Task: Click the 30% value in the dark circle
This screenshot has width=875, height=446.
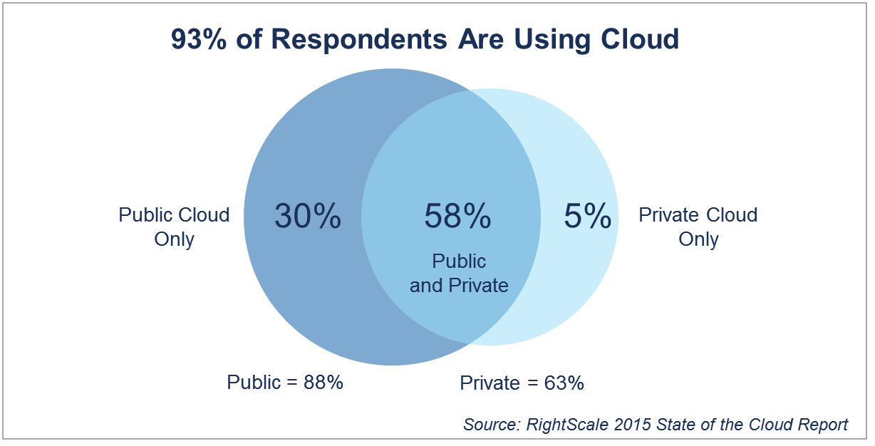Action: point(308,217)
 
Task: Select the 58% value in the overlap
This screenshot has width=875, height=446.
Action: point(457,217)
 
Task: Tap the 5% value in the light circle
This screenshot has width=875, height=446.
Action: point(588,217)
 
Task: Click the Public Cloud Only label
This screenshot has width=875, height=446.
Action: point(174,227)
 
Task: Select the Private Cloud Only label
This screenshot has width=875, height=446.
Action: point(698,227)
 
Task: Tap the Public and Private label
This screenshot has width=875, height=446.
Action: point(459,274)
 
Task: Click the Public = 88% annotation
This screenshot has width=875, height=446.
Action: point(285,382)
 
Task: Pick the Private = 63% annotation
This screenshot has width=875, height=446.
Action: point(522,383)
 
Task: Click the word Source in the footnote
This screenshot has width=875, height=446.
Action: point(491,425)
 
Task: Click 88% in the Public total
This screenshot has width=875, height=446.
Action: point(323,382)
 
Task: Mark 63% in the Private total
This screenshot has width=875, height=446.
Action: point(564,383)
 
